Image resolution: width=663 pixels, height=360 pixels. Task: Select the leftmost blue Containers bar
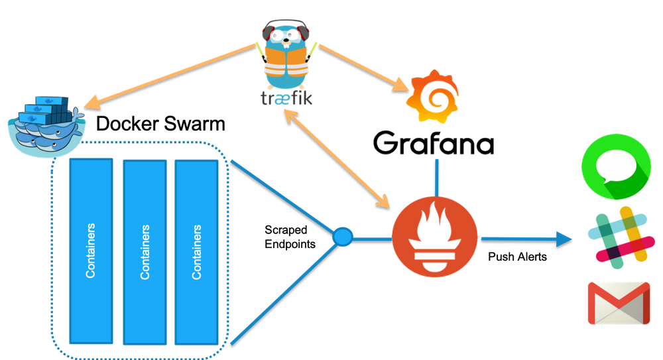point(91,251)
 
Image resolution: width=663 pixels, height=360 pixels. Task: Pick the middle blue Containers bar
point(144,251)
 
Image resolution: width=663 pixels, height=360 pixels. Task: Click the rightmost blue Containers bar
point(196,251)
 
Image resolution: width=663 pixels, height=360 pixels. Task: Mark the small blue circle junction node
point(343,237)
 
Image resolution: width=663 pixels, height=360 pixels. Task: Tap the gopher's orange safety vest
point(286,64)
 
